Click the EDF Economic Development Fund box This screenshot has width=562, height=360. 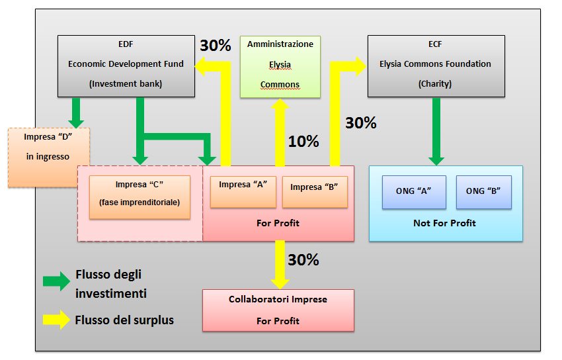[126, 66]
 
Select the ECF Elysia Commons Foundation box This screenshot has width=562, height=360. [436, 66]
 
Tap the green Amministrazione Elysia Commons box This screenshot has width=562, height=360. [280, 66]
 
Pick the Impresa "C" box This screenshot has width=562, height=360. [140, 197]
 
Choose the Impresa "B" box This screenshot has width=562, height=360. [314, 191]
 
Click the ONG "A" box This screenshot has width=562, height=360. [413, 192]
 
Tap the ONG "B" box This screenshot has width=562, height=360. [483, 192]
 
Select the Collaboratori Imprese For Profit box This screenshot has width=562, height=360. [278, 310]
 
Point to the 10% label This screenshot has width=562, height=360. [303, 141]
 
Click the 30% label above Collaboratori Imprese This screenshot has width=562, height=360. [303, 260]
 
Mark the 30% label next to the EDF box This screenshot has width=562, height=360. [216, 45]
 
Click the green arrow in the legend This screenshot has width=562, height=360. [56, 281]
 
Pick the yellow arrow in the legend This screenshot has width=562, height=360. [56, 320]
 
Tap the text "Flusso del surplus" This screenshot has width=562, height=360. [124, 320]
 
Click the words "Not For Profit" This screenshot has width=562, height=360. [444, 223]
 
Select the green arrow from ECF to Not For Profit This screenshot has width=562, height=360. [436, 131]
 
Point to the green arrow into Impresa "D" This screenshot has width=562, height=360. [77, 112]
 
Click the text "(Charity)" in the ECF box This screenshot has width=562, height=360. [436, 84]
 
